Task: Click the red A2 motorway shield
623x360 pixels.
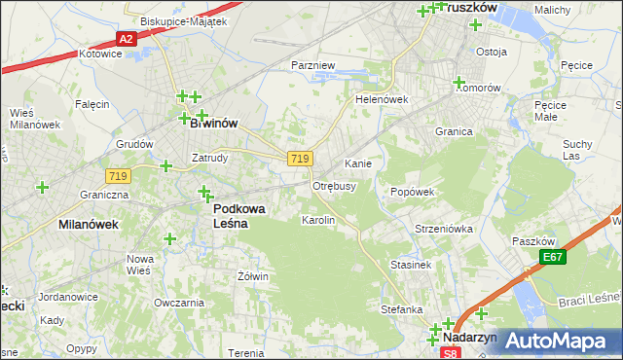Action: pos(125,39)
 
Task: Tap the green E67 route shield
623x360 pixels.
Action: pos(553,257)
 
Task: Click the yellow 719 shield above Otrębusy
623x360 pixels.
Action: pos(300,159)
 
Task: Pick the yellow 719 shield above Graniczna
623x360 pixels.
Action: pos(118,175)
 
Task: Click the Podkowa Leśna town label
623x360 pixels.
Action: pos(231,215)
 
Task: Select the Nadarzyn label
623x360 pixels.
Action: pos(469,337)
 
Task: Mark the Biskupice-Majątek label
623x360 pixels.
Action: pos(183,20)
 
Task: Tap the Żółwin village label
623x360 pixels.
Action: pos(252,276)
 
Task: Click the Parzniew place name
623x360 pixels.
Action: pos(313,65)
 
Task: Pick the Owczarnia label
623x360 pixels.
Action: pos(177,303)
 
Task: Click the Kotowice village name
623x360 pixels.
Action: pos(100,54)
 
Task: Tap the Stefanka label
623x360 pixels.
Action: pos(401,309)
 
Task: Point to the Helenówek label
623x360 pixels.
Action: pos(381,99)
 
